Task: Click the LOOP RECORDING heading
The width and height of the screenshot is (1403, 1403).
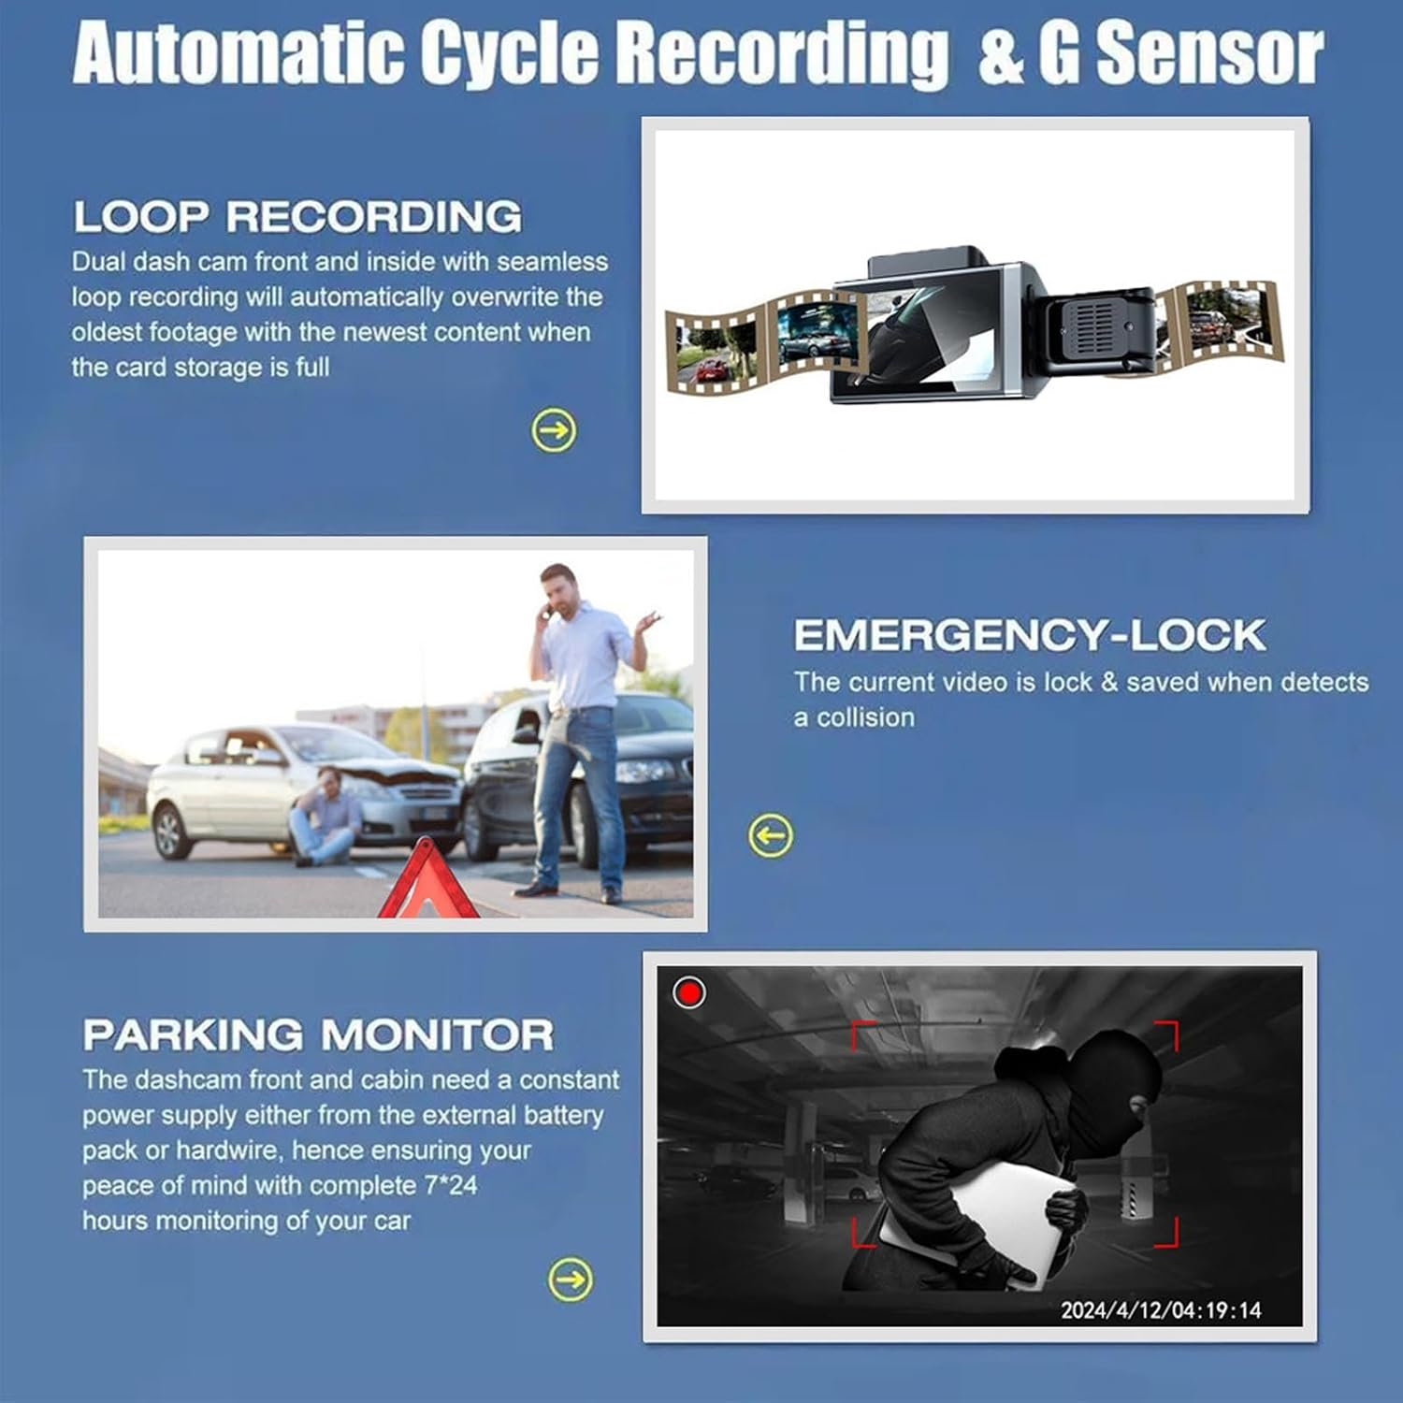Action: pos(297,217)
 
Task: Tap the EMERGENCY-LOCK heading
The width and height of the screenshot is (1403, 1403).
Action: pos(1029,636)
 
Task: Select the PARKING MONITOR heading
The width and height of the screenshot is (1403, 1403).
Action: pos(318,1035)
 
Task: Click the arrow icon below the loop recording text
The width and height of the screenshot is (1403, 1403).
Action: pos(554,430)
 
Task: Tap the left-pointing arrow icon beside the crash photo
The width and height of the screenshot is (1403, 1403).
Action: pos(771,835)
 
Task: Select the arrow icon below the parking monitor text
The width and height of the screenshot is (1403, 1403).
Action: pos(571,1279)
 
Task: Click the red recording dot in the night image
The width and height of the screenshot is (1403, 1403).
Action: pos(689,992)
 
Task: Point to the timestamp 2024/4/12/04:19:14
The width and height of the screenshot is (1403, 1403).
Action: pos(1161,1309)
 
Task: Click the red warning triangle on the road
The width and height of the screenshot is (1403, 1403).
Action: pos(428,884)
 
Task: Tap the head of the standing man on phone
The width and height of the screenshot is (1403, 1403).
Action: pos(558,589)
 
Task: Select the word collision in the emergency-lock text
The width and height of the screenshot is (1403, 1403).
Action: pos(866,718)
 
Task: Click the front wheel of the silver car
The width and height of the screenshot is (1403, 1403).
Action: pos(171,832)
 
